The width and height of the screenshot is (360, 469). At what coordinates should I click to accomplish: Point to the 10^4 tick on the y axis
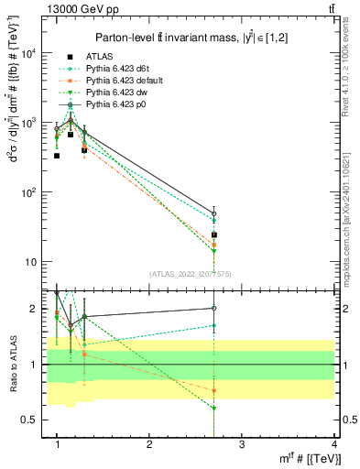point(32,53)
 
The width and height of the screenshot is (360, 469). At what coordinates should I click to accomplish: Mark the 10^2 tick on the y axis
point(32,192)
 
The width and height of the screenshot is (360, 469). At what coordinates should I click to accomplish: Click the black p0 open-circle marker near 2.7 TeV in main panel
point(213,214)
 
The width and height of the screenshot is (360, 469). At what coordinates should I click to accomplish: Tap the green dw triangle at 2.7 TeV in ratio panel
point(213,408)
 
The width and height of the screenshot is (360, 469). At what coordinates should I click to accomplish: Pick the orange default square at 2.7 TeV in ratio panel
point(213,390)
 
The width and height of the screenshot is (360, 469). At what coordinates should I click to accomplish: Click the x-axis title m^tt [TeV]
point(306,458)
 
